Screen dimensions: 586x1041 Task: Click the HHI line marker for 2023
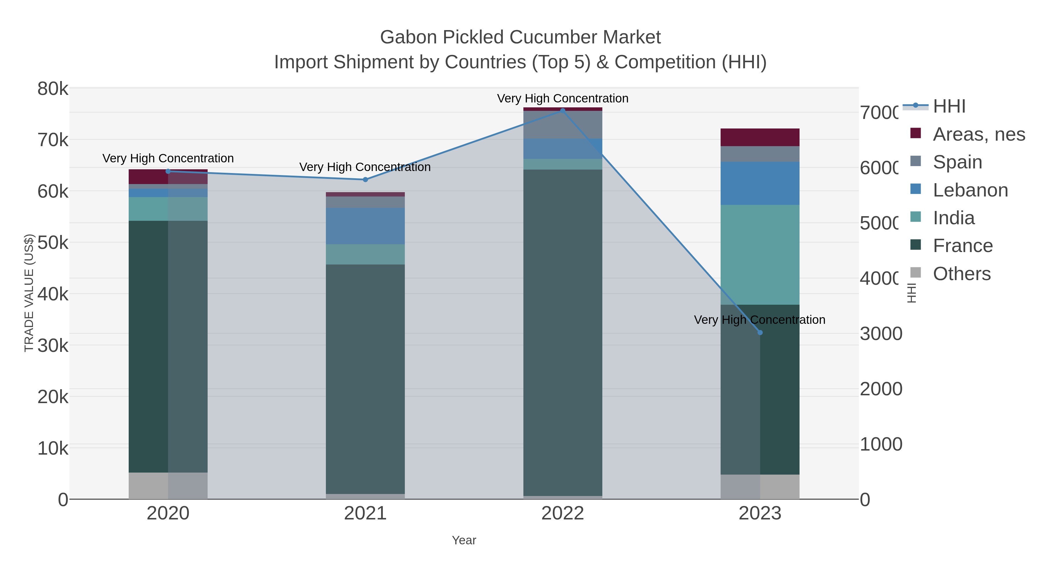[760, 333]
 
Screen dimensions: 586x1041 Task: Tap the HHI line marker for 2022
[562, 111]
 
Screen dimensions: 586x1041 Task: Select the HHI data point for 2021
[365, 179]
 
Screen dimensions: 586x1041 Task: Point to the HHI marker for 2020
[168, 171]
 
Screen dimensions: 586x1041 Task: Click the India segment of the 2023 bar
[760, 255]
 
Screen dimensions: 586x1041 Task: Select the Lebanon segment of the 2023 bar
[760, 183]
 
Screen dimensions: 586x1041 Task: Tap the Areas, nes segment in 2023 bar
[760, 137]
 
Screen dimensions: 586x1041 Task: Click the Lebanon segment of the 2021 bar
[365, 226]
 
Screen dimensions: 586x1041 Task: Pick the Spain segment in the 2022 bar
[562, 124]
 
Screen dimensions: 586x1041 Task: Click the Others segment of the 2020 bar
[168, 485]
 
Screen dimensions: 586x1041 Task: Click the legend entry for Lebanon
[970, 190]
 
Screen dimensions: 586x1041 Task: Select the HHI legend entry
[949, 106]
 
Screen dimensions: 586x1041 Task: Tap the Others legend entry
[961, 274]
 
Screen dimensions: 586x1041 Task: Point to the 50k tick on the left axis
[53, 243]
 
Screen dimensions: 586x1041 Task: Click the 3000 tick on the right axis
[881, 334]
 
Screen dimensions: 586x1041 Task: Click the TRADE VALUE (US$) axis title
[29, 293]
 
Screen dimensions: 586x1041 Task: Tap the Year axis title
[464, 540]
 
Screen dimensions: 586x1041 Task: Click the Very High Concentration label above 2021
[365, 167]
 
